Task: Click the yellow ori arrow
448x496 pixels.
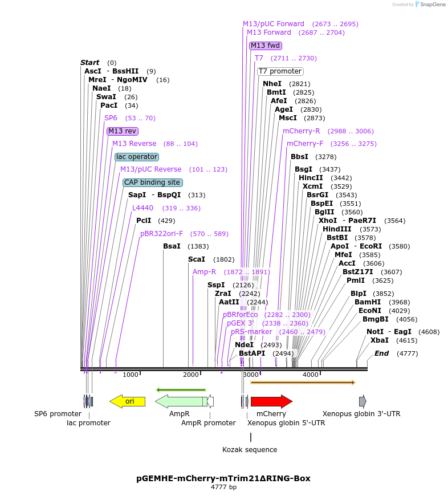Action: point(128,401)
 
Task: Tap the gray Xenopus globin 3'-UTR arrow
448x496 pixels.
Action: point(363,401)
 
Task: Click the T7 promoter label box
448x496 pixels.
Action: point(280,71)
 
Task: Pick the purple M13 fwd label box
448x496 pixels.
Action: point(266,46)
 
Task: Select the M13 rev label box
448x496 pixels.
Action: point(123,131)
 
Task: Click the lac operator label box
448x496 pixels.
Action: point(136,157)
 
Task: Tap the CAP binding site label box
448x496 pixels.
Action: point(153,182)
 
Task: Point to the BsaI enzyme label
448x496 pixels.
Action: point(172,246)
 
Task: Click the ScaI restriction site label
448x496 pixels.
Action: point(197,259)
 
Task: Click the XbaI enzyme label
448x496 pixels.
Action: point(380,340)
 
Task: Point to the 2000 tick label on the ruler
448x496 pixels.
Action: point(190,375)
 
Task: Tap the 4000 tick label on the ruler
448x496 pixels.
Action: point(310,375)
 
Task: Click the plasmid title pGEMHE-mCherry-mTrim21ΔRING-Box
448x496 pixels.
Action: point(223,478)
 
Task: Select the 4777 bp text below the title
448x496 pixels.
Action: point(223,487)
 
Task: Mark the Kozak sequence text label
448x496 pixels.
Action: point(250,450)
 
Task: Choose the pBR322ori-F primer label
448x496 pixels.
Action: point(162,234)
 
